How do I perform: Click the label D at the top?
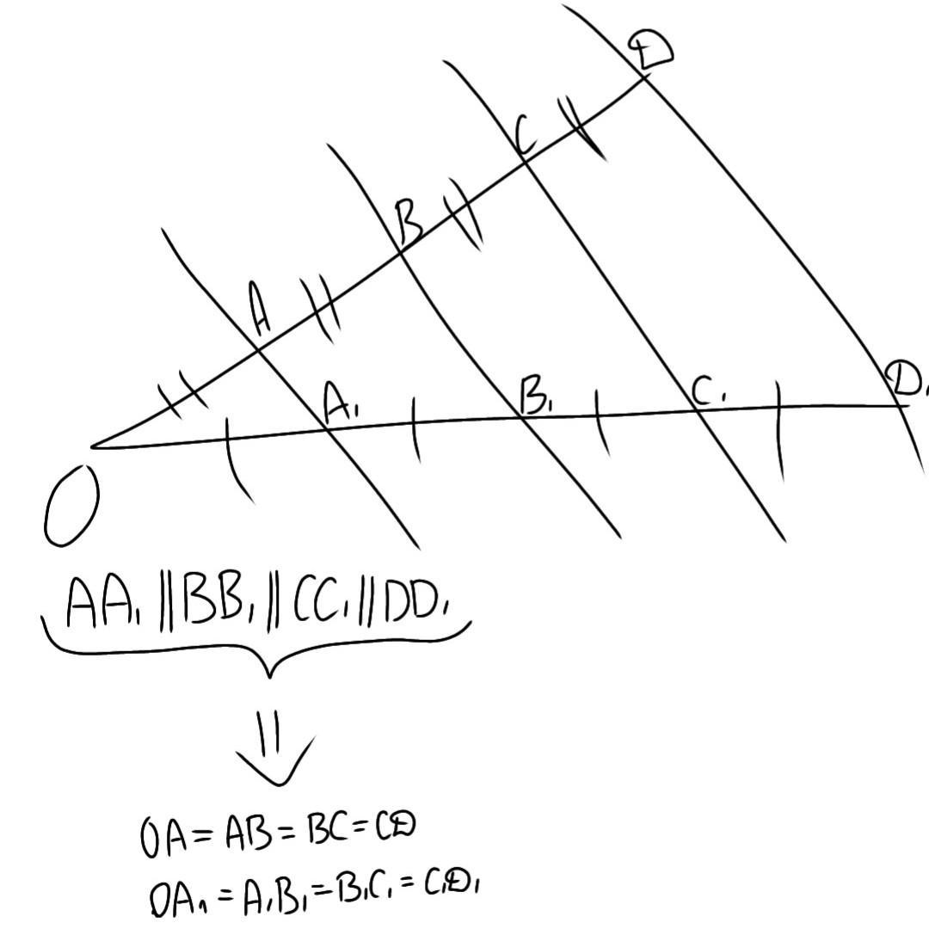[649, 49]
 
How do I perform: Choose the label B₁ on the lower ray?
[537, 397]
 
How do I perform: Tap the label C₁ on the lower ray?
[711, 393]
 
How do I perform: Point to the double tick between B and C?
[463, 219]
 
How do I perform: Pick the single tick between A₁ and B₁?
[415, 429]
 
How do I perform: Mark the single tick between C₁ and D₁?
[779, 430]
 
